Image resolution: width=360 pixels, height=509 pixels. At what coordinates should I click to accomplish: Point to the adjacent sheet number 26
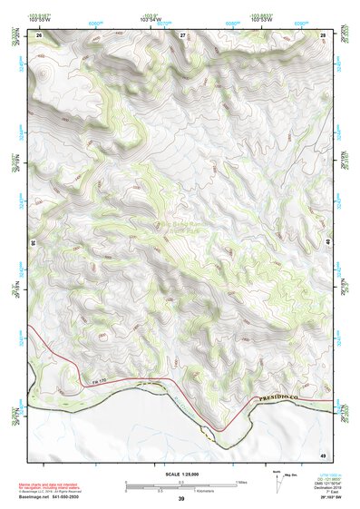(39, 34)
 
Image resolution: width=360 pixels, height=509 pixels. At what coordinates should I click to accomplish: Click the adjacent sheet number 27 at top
(181, 34)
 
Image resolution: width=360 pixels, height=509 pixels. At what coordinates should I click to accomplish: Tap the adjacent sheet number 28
(323, 34)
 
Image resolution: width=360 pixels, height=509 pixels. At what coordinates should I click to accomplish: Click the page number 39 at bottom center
(180, 499)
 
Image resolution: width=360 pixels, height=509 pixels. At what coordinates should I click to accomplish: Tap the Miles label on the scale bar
(240, 481)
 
